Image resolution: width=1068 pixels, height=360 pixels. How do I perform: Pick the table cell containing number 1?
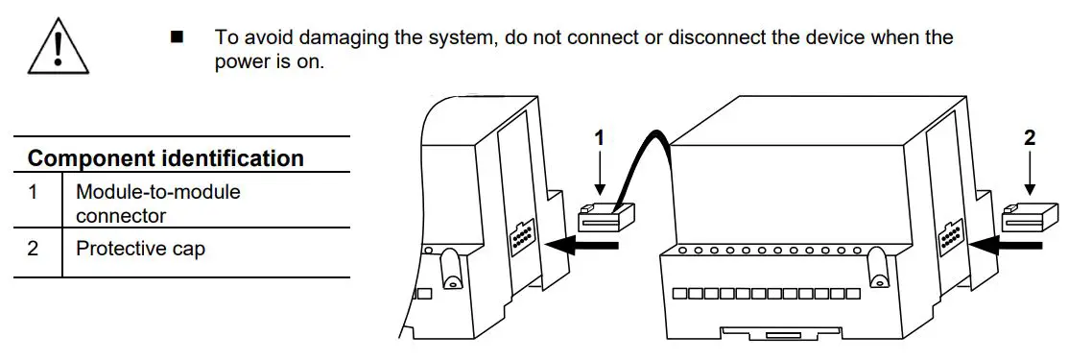(x=34, y=191)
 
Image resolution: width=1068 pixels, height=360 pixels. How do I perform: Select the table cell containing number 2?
(x=34, y=249)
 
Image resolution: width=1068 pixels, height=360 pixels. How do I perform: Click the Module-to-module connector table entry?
(x=158, y=204)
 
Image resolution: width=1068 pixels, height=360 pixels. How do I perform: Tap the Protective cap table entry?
(x=141, y=249)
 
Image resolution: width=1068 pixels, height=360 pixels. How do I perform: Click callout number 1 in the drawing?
(x=600, y=137)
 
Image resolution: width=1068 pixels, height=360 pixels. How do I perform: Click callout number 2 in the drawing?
(x=1030, y=137)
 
